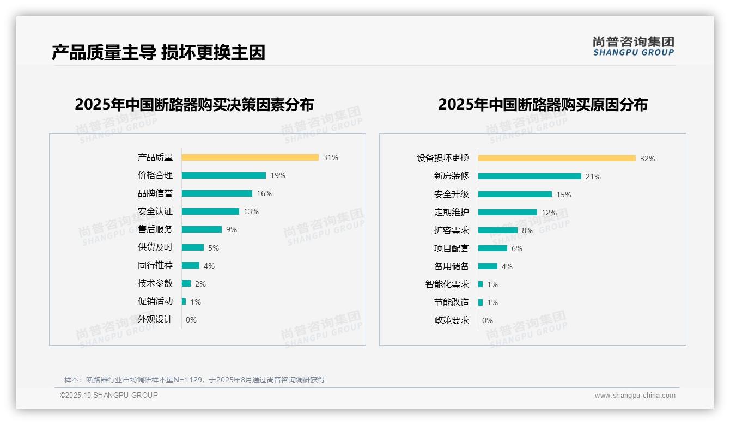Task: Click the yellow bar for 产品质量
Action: click(x=250, y=157)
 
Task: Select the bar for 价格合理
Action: click(x=224, y=175)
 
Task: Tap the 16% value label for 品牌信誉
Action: click(x=264, y=193)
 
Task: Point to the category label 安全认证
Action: click(x=155, y=211)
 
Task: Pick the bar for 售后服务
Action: click(x=202, y=229)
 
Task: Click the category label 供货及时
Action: click(x=155, y=247)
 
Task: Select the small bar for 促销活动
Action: click(x=184, y=301)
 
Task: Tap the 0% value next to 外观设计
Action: click(x=191, y=320)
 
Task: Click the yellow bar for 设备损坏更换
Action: click(x=557, y=159)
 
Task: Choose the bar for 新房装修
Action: click(x=530, y=177)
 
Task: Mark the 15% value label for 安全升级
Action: click(x=564, y=195)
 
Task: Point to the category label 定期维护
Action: click(x=452, y=212)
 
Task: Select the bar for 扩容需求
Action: click(x=498, y=230)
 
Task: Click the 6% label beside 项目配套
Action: click(x=517, y=248)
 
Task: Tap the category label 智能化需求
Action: click(x=447, y=284)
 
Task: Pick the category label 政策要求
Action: click(x=452, y=320)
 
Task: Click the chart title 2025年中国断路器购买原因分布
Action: click(x=543, y=105)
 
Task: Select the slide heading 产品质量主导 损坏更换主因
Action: click(x=159, y=53)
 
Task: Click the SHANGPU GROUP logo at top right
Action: click(x=634, y=46)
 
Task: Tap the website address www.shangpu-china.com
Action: click(x=635, y=396)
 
